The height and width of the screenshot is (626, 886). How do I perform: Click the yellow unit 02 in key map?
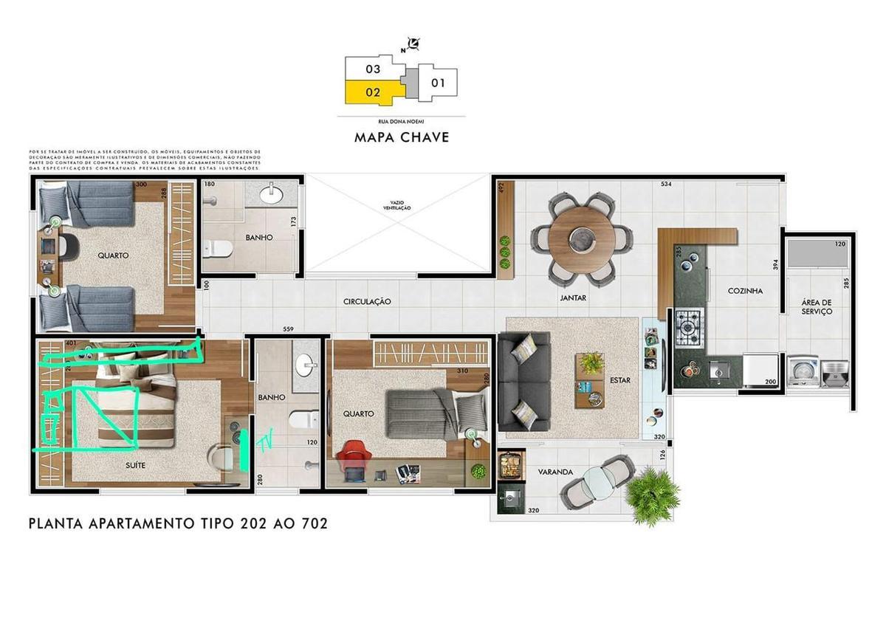pyautogui.click(x=373, y=93)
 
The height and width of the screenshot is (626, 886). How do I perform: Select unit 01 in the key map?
pyautogui.click(x=438, y=83)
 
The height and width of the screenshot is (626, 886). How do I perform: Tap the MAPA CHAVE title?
pyautogui.click(x=402, y=137)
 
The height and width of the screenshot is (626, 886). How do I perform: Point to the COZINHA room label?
pyautogui.click(x=745, y=291)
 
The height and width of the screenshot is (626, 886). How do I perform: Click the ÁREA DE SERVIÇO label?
pyautogui.click(x=817, y=306)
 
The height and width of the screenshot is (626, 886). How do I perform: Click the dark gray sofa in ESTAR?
pyautogui.click(x=523, y=381)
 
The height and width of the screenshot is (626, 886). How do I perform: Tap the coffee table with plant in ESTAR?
pyautogui.click(x=590, y=380)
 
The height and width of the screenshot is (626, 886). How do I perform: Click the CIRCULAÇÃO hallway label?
pyautogui.click(x=367, y=302)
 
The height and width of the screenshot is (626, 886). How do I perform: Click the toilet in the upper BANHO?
pyautogui.click(x=218, y=248)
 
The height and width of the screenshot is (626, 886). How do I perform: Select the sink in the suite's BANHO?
pyautogui.click(x=305, y=365)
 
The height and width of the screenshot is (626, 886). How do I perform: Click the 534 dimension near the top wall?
pyautogui.click(x=665, y=183)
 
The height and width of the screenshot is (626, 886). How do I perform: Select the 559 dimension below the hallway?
pyautogui.click(x=289, y=330)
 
